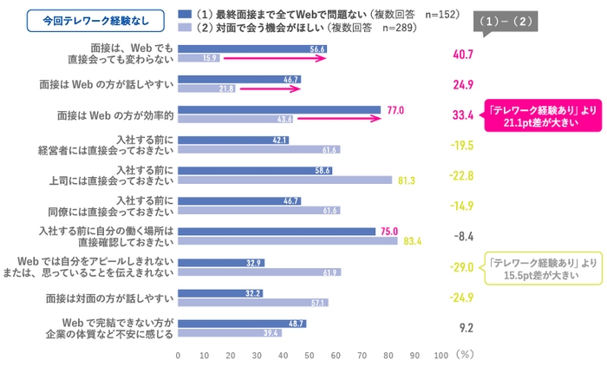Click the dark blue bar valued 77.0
tap(279, 109)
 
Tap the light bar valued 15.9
tap(199, 58)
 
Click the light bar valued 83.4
tap(287, 241)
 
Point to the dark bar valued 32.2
tap(220, 293)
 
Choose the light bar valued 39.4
tap(230, 332)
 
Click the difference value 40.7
tap(462, 54)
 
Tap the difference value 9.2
tap(463, 328)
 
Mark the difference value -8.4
tap(462, 236)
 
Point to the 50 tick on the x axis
tap(310, 355)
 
